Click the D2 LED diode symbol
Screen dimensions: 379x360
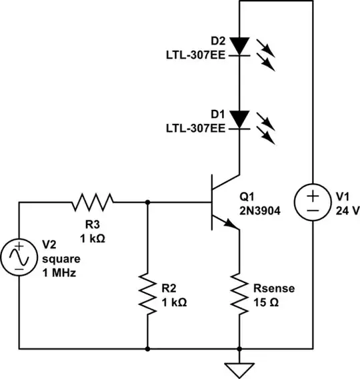[239, 45]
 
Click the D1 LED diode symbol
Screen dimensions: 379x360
[239, 119]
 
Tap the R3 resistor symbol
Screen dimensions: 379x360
[93, 200]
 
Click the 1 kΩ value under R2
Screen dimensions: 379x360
[174, 301]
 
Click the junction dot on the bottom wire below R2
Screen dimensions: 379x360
[147, 348]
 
